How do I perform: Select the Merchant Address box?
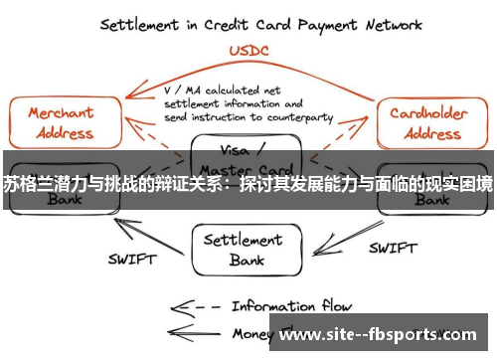(x=63, y=121)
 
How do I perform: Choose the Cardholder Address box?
(x=430, y=121)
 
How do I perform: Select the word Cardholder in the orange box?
(x=430, y=112)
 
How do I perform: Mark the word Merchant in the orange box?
(x=62, y=112)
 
